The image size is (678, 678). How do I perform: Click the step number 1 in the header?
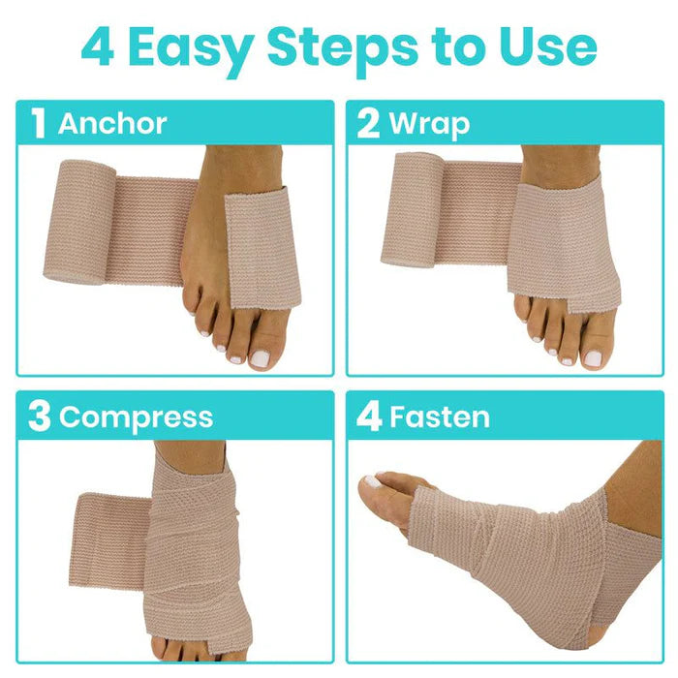(x=38, y=125)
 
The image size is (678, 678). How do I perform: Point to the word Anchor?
(x=111, y=124)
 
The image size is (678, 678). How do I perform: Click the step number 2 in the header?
(x=368, y=125)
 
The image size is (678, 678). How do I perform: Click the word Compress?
(x=136, y=417)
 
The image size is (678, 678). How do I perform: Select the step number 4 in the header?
(x=369, y=417)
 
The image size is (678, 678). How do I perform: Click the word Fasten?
(x=439, y=417)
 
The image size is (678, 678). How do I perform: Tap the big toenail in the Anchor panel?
(x=261, y=357)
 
